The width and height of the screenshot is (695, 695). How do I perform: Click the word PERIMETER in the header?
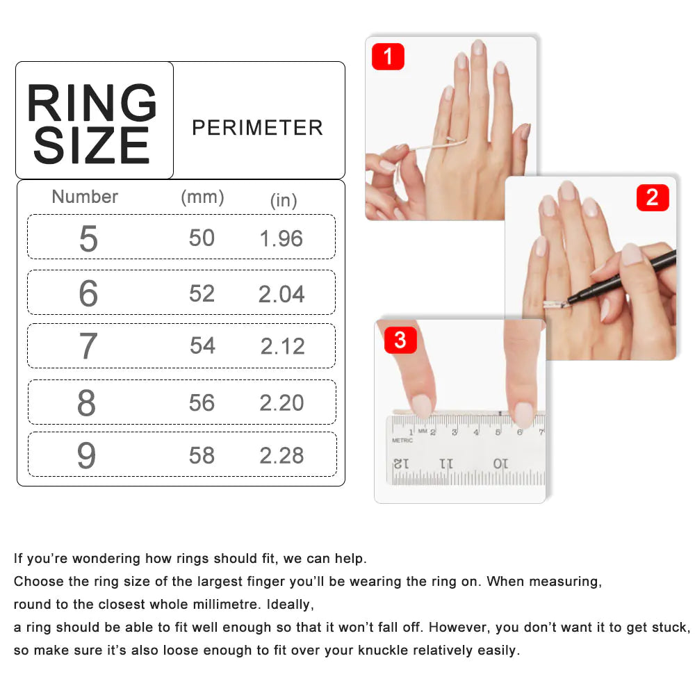(x=257, y=128)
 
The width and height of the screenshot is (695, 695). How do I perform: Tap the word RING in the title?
(x=92, y=102)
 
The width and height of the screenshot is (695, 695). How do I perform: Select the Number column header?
(x=85, y=197)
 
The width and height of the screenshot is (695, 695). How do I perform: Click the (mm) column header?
(x=202, y=197)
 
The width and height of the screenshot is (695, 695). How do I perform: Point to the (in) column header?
(x=284, y=200)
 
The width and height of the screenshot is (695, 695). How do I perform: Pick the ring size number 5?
(x=88, y=238)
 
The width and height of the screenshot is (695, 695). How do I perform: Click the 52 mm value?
(x=202, y=293)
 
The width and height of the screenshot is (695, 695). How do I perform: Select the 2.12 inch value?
(x=282, y=346)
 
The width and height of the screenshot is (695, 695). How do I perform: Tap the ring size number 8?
(x=86, y=403)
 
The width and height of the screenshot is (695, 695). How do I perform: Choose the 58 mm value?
(x=202, y=455)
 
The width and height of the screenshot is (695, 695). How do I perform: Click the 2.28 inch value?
(x=281, y=455)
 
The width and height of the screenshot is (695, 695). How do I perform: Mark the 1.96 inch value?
(x=281, y=238)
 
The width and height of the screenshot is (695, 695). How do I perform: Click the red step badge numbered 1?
(x=388, y=57)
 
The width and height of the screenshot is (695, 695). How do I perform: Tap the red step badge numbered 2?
(x=653, y=197)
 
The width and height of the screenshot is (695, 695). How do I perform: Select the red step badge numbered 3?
(x=400, y=341)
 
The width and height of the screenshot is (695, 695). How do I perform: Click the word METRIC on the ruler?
(x=402, y=440)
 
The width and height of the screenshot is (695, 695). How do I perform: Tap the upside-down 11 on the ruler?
(x=446, y=464)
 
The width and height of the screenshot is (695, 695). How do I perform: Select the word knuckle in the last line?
(x=384, y=651)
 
